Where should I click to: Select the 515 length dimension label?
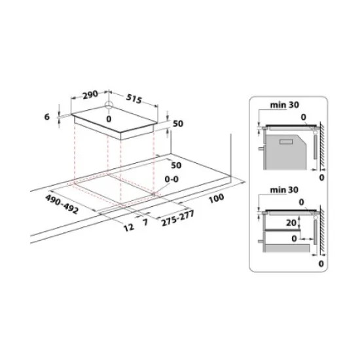pyautogui.click(x=134, y=98)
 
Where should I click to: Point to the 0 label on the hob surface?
pyautogui.click(x=109, y=119)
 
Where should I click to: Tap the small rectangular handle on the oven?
pyautogui.click(x=286, y=141)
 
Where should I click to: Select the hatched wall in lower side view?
pyautogui.click(x=323, y=229)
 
